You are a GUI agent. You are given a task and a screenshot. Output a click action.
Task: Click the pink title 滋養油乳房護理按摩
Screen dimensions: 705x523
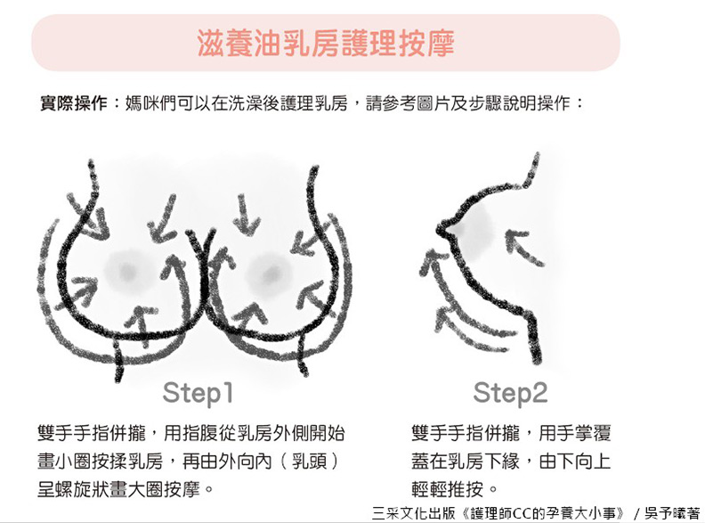pos(326,43)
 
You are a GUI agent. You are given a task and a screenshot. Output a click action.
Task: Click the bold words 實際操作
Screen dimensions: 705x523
pos(74,103)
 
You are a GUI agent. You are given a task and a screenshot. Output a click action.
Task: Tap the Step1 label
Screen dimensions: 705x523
pos(198,394)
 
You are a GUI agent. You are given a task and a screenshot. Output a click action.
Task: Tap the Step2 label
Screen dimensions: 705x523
pos(510,394)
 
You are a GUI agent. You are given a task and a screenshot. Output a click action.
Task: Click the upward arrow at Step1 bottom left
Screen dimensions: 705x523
pos(142,325)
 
